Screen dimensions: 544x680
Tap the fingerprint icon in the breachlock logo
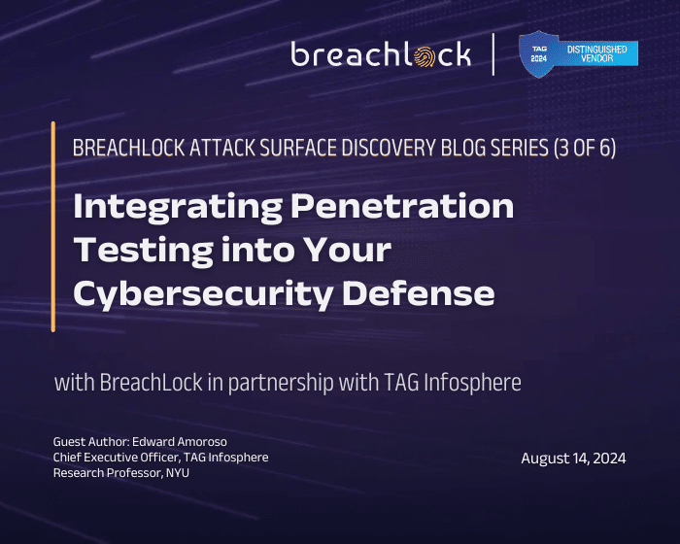pos(426,58)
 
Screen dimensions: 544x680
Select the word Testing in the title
pos(138,250)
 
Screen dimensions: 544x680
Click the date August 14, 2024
pos(573,459)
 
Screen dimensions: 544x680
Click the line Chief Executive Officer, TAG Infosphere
pos(160,458)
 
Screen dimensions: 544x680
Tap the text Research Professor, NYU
pos(119,473)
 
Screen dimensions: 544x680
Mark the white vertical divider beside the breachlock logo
pos(494,54)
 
